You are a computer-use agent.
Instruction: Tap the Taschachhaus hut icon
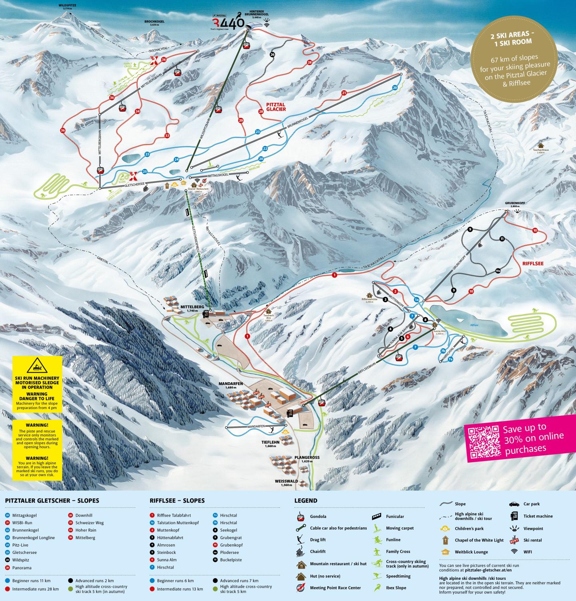tap(541, 146)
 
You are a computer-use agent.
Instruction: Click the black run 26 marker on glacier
tap(272, 54)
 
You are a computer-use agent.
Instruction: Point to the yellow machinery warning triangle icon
tap(38, 366)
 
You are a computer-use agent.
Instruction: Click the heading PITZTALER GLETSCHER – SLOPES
tap(52, 501)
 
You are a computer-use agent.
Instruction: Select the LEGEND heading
tap(306, 501)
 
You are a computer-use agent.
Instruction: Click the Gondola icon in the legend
tap(300, 517)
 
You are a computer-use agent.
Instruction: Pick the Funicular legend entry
tap(395, 516)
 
